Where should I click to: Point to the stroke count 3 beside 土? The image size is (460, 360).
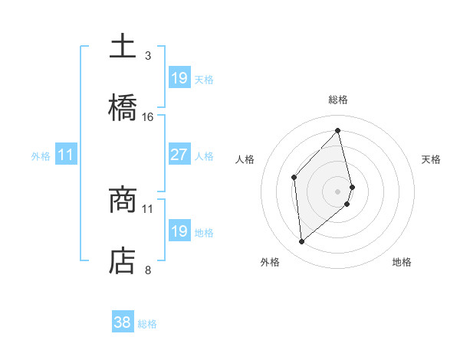(x=148, y=55)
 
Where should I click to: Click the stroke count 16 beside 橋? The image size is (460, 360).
(x=148, y=116)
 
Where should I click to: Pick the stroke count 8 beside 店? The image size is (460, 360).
(x=148, y=270)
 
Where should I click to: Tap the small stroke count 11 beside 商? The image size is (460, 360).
(x=148, y=208)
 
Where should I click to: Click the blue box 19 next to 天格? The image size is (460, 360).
(x=179, y=78)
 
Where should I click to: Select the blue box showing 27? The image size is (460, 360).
(x=179, y=155)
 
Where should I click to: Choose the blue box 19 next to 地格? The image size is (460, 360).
(x=179, y=231)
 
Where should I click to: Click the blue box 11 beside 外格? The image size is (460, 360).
(x=66, y=155)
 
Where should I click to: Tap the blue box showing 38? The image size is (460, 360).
(x=122, y=323)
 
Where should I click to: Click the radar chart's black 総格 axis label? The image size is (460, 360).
(x=338, y=100)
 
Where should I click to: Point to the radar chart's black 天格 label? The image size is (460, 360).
(x=431, y=159)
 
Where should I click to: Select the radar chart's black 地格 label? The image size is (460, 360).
(x=402, y=262)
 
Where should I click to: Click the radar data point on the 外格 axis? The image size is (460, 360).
(x=302, y=242)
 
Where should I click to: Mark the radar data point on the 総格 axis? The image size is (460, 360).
(x=338, y=131)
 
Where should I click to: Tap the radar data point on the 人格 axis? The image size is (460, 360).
(x=294, y=178)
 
